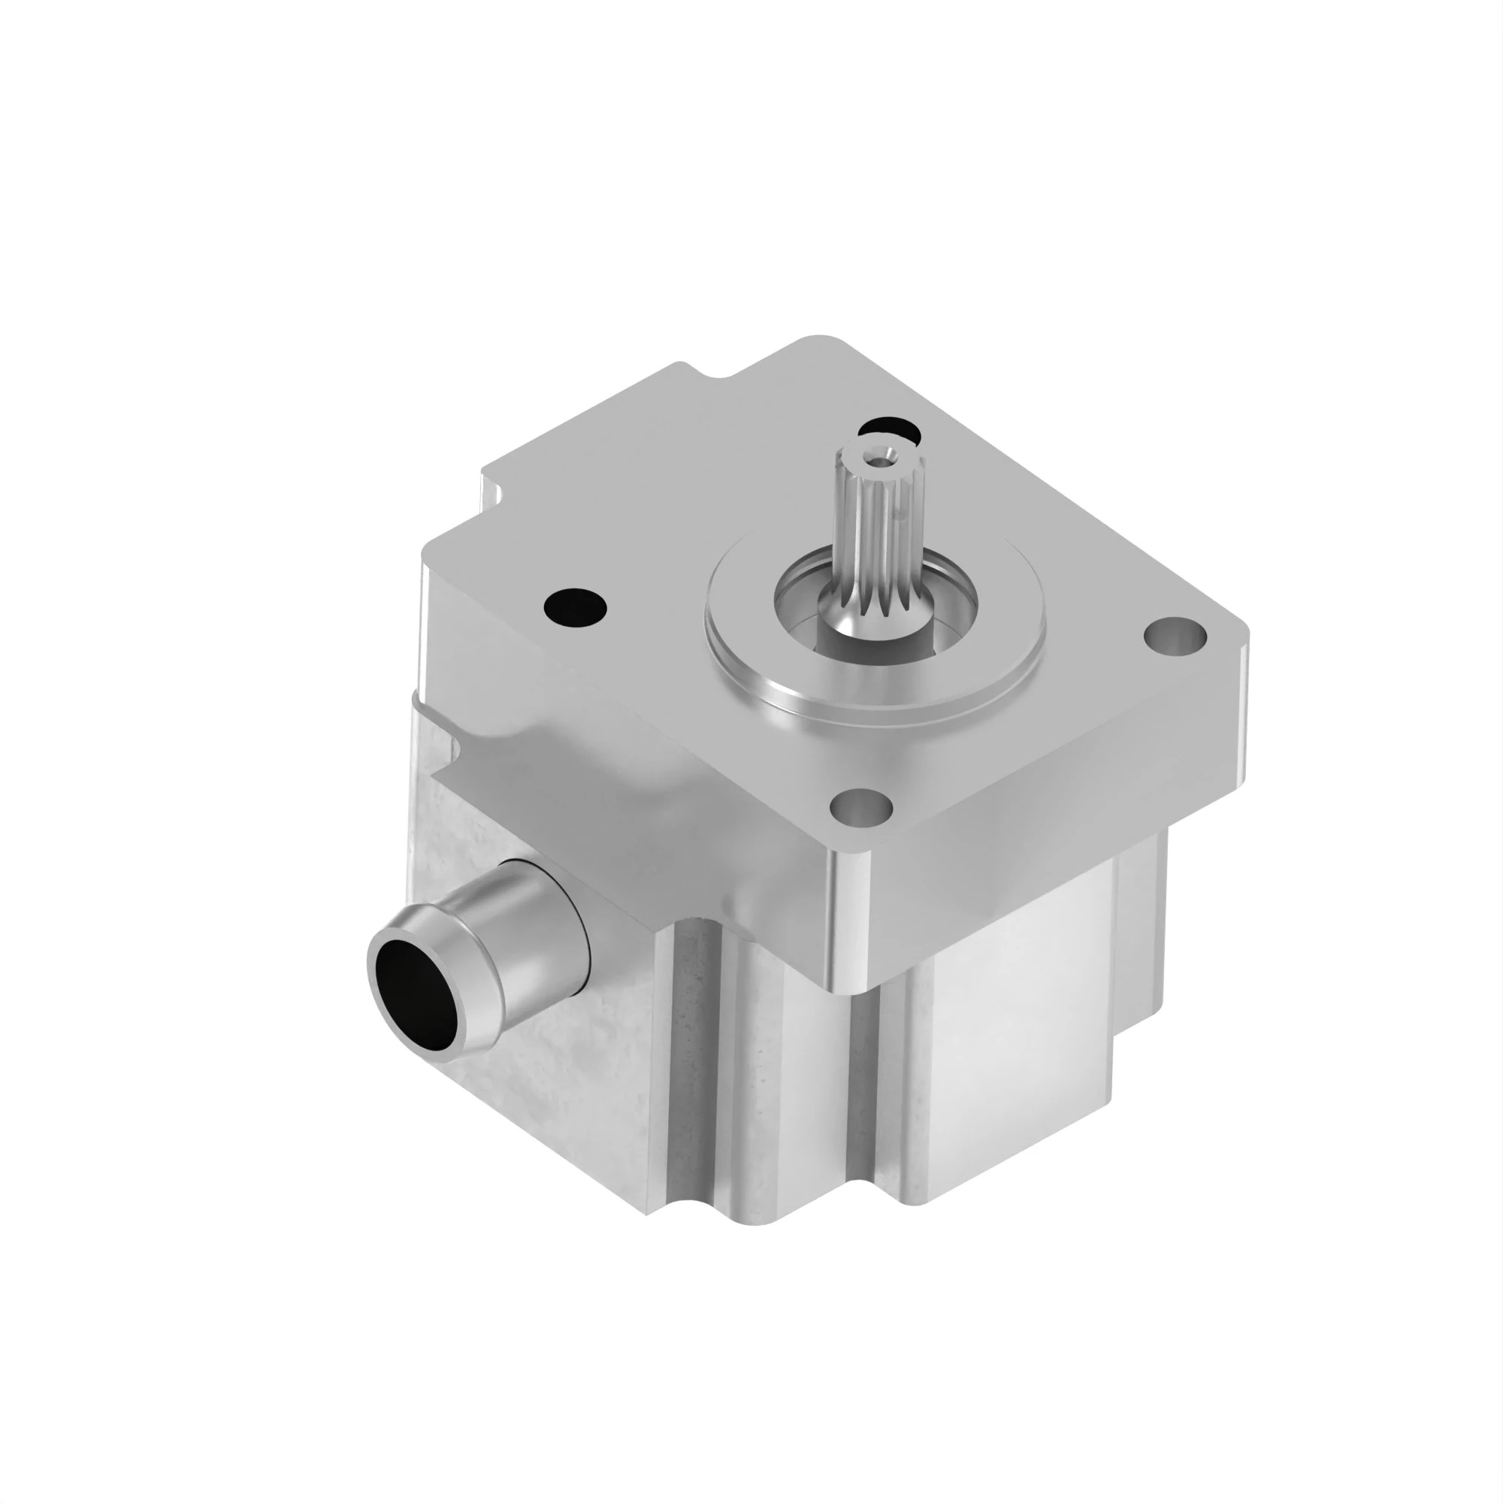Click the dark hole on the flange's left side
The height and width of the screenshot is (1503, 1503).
(576, 603)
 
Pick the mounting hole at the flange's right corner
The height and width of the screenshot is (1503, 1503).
(1175, 636)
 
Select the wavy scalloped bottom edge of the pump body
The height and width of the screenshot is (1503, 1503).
(778, 1214)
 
